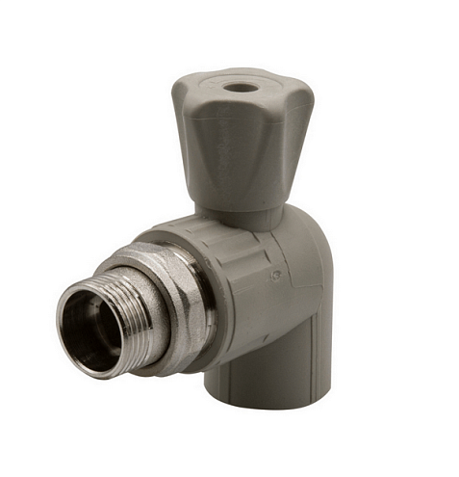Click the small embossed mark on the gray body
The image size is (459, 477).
pos(276,277)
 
